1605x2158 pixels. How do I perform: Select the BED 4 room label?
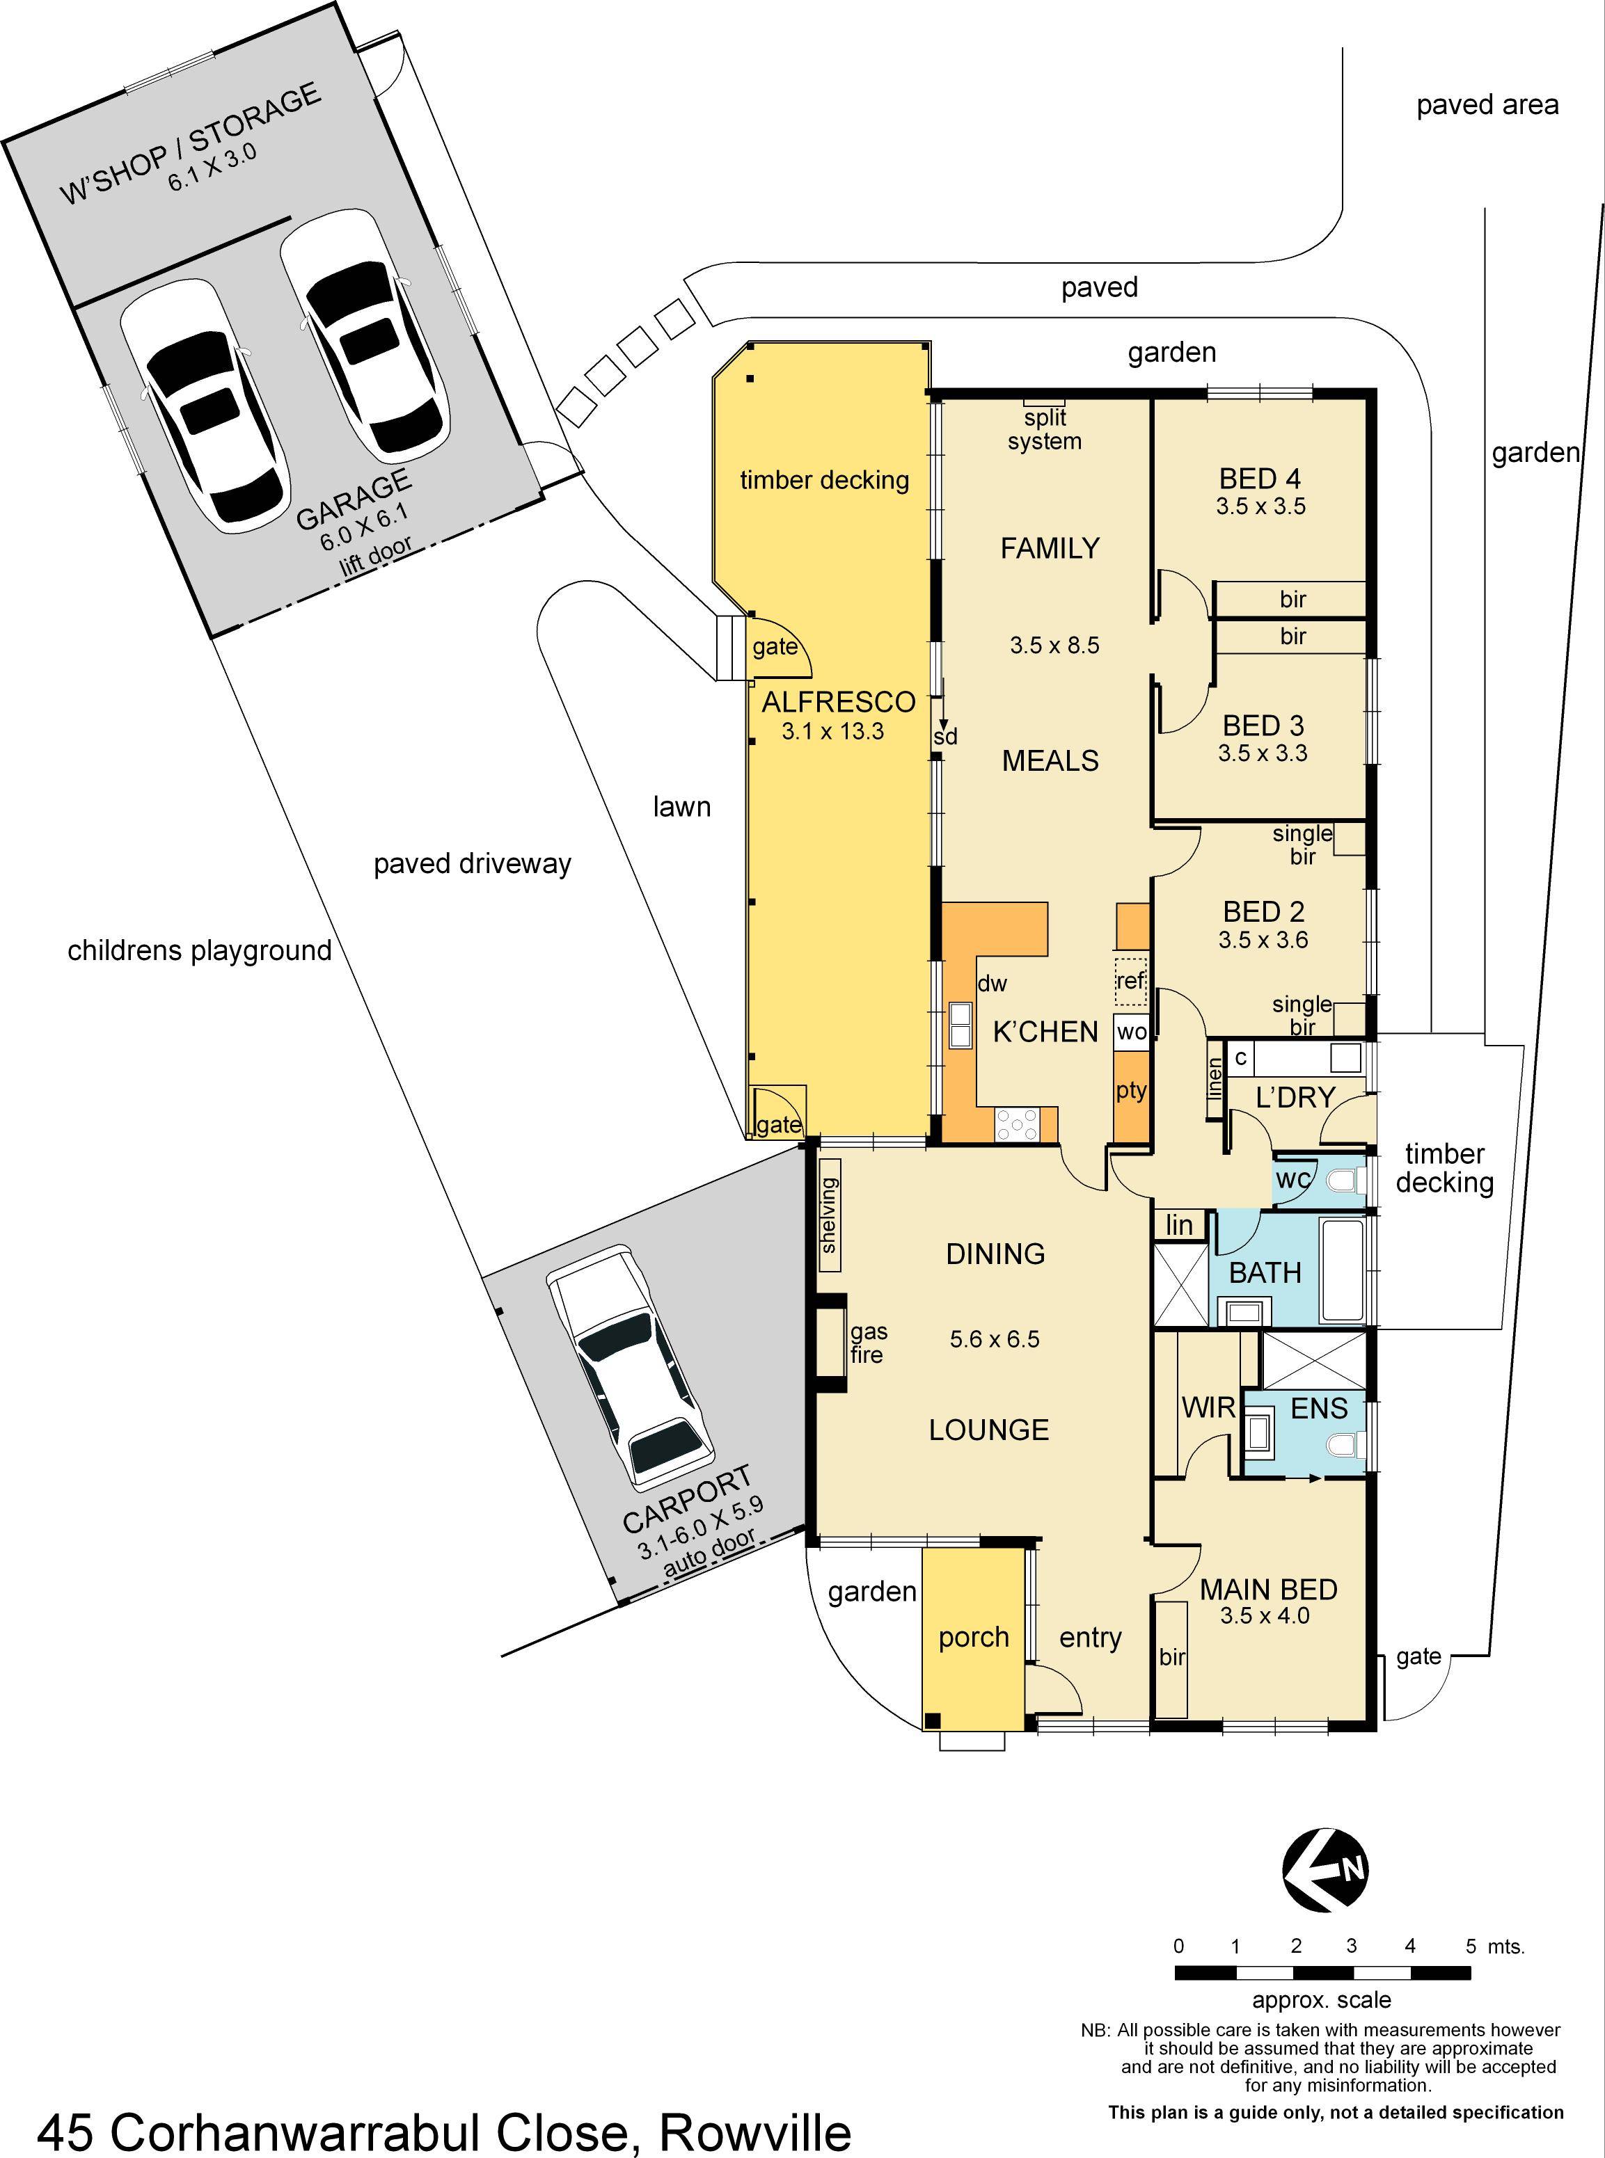click(1259, 479)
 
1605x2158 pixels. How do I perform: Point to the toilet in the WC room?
click(1344, 1182)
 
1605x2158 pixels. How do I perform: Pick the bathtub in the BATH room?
click(1343, 1270)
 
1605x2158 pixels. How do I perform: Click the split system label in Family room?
click(1045, 429)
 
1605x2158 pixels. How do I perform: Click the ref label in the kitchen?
click(1130, 980)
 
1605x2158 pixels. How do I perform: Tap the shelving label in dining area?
click(829, 1215)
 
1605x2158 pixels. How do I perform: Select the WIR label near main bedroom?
click(1208, 1407)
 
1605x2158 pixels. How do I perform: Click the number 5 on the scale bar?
click(1471, 1945)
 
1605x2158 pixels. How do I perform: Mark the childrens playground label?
click(199, 950)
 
